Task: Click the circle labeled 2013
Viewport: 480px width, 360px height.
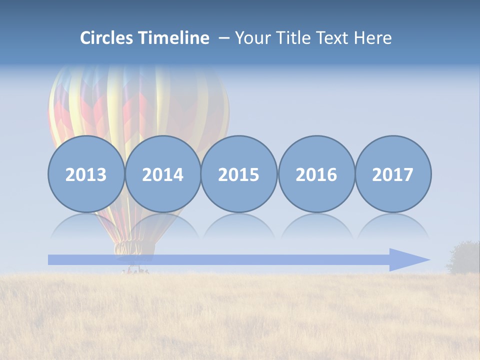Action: [x=86, y=174]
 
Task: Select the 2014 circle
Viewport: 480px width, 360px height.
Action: [x=163, y=174]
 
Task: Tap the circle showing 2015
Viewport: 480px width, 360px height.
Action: [x=239, y=174]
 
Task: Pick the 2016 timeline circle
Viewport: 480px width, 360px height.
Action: [x=316, y=174]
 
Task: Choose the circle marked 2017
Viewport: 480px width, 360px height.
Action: [x=393, y=174]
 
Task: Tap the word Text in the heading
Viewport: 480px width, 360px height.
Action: [x=334, y=38]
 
